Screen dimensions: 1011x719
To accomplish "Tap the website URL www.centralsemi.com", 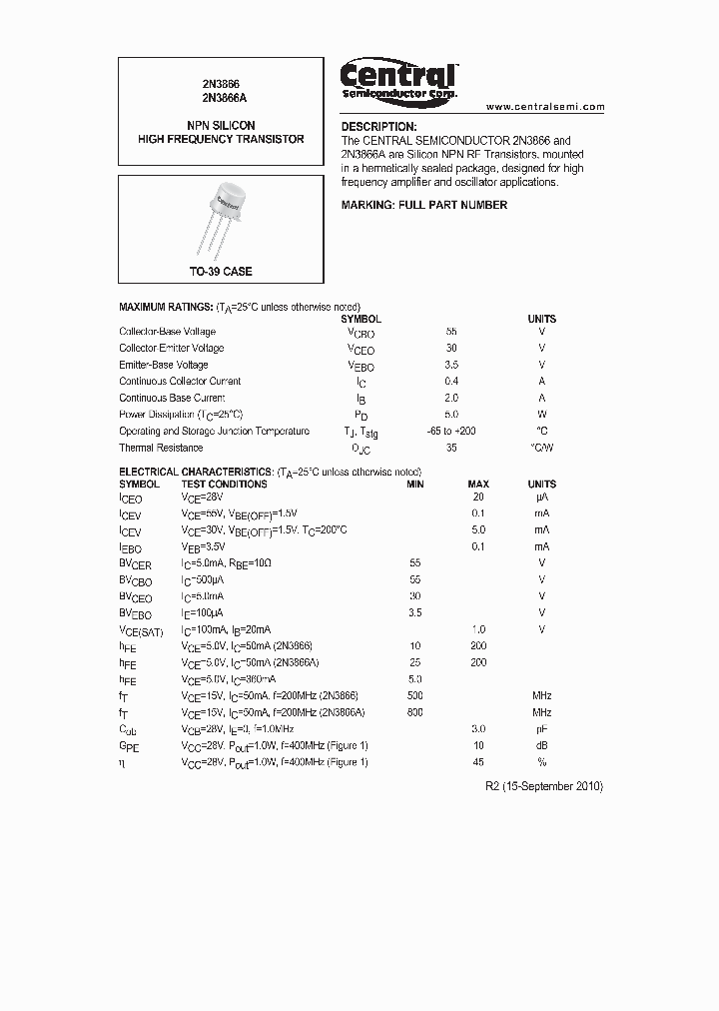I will [545, 106].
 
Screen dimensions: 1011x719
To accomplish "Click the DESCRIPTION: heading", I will [378, 127].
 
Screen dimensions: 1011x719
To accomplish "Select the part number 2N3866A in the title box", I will [220, 99].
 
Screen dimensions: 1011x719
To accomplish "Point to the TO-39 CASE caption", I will [221, 272].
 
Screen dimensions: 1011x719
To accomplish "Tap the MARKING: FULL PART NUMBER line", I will [424, 205].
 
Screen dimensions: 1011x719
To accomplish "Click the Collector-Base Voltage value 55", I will [451, 332].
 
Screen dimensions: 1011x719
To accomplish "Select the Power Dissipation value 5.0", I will [451, 414].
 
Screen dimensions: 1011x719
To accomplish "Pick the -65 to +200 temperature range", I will [451, 431].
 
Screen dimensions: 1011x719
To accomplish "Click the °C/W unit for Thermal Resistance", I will [541, 448].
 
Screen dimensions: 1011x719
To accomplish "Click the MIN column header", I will [415, 485].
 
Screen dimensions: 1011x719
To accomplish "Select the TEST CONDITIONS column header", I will [224, 485].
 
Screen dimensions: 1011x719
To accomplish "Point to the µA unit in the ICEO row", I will [541, 497].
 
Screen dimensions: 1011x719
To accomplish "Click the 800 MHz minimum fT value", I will [415, 712].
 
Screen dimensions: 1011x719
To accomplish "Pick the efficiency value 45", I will [477, 762].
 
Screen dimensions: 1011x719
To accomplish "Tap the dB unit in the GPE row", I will [541, 745].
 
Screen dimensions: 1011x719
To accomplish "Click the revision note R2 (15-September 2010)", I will [543, 786].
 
